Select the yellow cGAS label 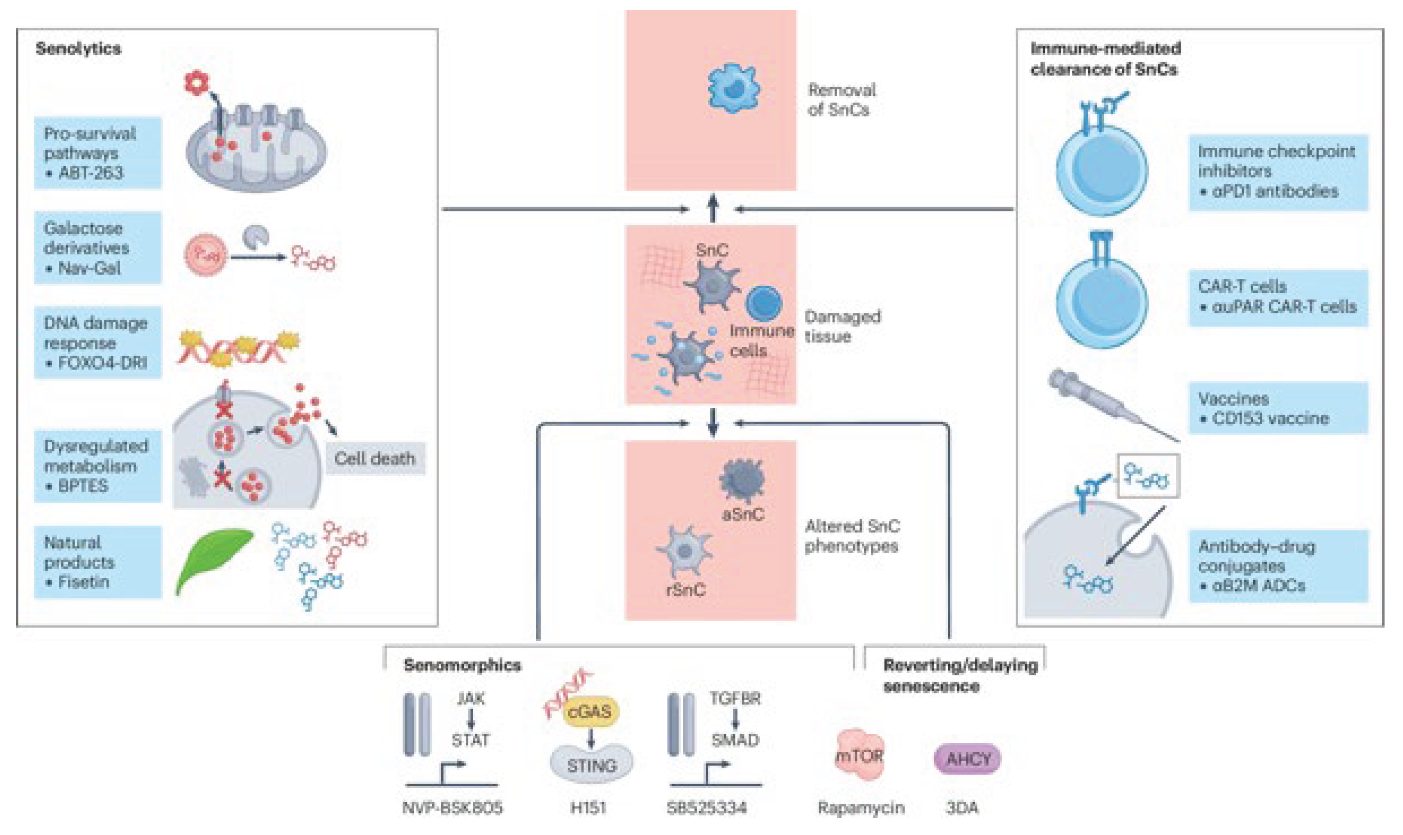(589, 712)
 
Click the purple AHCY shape (967, 759)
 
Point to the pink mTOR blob (859, 756)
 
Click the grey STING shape (591, 764)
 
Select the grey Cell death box (375, 458)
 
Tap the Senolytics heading (78, 49)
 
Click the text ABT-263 (90, 173)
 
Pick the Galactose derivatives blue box (97, 248)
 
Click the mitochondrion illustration (256, 149)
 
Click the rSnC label (685, 589)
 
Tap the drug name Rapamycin (861, 808)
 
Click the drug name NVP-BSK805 (452, 808)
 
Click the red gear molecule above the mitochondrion (196, 83)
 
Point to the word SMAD (735, 740)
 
